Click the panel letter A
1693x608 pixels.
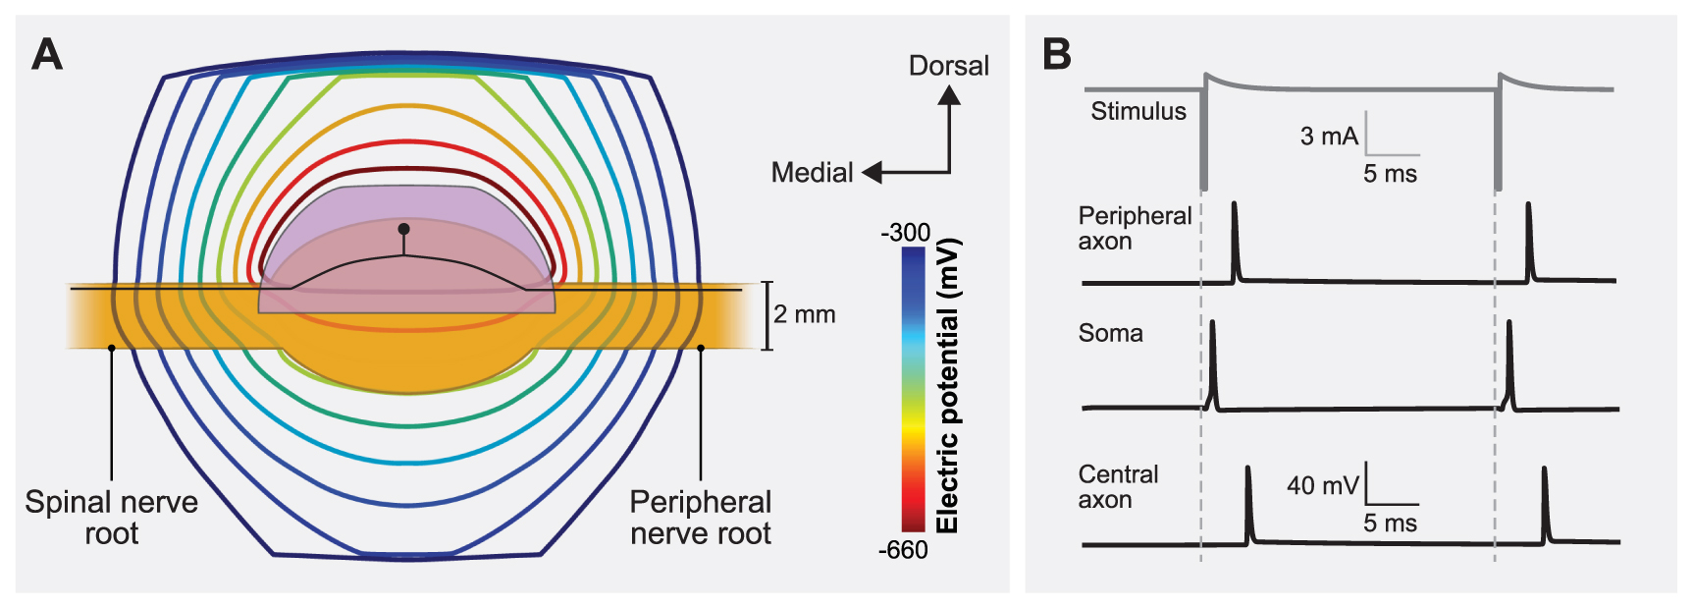tap(46, 55)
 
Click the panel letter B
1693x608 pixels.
tap(1056, 54)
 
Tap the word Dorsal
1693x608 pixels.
tap(948, 66)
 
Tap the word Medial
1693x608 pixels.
tap(812, 173)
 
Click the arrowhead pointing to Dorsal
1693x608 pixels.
tap(949, 95)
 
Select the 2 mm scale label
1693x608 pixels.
tap(804, 314)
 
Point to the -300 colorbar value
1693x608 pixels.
tap(905, 233)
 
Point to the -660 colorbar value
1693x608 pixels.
tap(903, 550)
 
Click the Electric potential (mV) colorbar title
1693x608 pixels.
tap(947, 386)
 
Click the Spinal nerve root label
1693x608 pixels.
tap(111, 518)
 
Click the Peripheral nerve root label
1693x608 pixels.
tap(700, 518)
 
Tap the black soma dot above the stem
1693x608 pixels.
tap(403, 229)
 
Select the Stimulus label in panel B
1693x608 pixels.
tap(1138, 111)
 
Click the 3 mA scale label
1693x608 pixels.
tap(1329, 137)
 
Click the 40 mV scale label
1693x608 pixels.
tap(1322, 485)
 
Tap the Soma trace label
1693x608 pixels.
tap(1110, 333)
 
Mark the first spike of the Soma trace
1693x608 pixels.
tap(1213, 359)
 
